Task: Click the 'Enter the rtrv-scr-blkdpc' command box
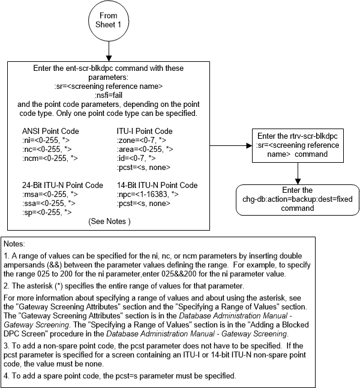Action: [296, 145]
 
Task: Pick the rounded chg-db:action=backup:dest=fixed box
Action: [296, 199]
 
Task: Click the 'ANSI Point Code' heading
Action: [50, 132]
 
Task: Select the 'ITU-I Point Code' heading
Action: [145, 132]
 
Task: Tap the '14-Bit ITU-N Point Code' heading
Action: [157, 185]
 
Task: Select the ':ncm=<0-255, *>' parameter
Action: [50, 158]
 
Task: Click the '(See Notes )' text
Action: [109, 221]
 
